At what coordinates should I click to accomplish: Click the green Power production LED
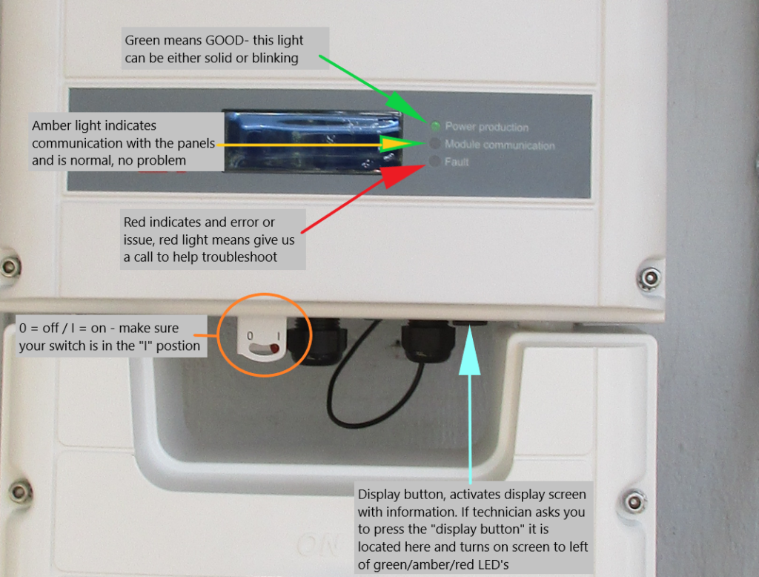435,127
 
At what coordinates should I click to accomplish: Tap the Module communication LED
434,144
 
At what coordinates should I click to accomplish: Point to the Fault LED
434,161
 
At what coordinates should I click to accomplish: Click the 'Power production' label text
486,128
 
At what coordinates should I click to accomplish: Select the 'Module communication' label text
499,145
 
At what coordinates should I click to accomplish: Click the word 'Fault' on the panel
457,162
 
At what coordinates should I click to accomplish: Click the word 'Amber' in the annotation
50,126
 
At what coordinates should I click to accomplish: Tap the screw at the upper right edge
650,277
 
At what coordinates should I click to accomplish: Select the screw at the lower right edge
634,501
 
